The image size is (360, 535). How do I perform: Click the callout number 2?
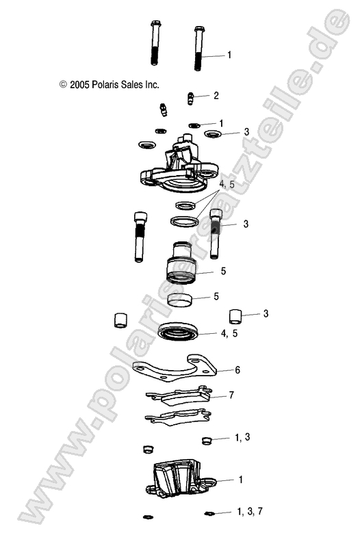(x=216, y=95)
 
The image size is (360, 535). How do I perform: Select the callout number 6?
(x=237, y=370)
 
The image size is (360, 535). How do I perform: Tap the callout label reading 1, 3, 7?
(x=250, y=511)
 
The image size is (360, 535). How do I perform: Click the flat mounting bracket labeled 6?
(x=175, y=370)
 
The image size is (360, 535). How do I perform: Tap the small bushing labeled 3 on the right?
(x=235, y=315)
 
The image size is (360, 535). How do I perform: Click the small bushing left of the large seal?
(x=120, y=319)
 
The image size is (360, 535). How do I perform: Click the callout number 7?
(x=231, y=395)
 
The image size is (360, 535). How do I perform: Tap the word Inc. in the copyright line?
(x=151, y=85)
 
